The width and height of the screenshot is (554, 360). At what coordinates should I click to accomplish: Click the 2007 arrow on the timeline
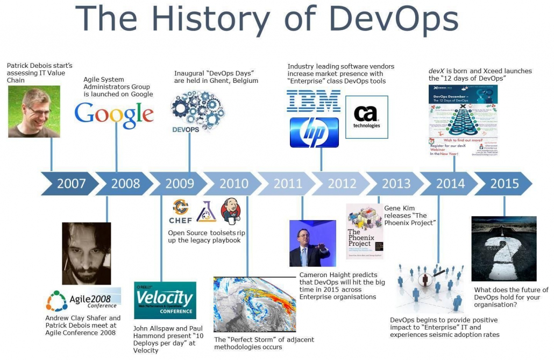tap(70, 183)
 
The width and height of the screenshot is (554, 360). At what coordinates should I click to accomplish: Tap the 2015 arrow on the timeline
tap(504, 183)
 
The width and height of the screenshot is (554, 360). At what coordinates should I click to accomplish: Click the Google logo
tap(114, 115)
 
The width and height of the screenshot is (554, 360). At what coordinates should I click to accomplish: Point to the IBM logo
tap(314, 101)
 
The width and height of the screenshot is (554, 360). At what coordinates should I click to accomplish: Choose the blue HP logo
tap(314, 132)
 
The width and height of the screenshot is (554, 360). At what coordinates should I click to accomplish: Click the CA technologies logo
tap(366, 117)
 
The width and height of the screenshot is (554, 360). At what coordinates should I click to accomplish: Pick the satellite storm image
tap(255, 305)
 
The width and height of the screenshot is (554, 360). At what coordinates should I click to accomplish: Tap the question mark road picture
tap(503, 249)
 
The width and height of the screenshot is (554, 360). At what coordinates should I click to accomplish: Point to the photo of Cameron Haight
tap(309, 243)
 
